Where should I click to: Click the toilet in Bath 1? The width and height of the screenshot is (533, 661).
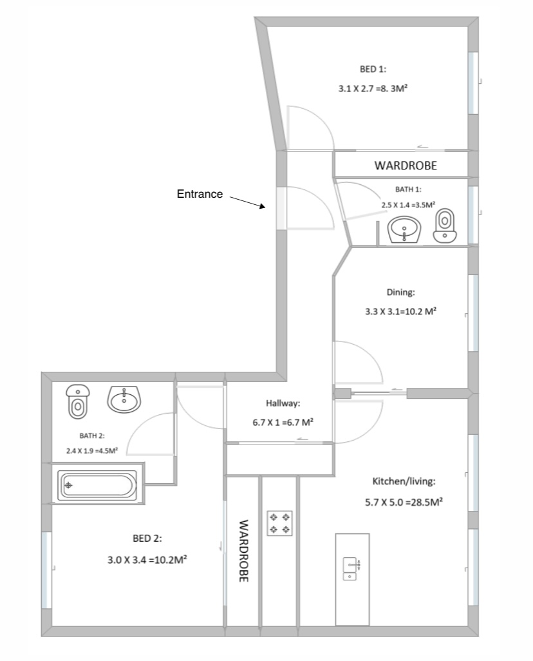click(445, 225)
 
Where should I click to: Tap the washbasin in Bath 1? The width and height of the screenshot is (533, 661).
click(404, 230)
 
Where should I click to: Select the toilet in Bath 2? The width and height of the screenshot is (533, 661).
click(77, 401)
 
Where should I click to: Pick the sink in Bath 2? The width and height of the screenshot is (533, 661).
click(124, 399)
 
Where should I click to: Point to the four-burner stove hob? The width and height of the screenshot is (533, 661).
click(280, 523)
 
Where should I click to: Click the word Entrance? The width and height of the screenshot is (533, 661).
click(200, 194)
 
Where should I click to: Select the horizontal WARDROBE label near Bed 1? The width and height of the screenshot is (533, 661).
click(406, 165)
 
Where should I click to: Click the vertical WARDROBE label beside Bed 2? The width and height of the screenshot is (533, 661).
click(243, 551)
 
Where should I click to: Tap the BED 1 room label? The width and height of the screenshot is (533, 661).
click(373, 69)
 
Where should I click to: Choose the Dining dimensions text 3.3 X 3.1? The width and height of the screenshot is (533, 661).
click(384, 312)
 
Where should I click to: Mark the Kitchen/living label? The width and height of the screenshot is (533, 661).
click(404, 481)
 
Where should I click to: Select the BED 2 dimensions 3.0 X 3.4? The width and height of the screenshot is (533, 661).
click(127, 560)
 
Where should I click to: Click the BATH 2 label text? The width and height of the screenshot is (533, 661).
click(92, 436)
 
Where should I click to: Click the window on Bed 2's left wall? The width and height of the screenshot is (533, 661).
click(46, 570)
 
